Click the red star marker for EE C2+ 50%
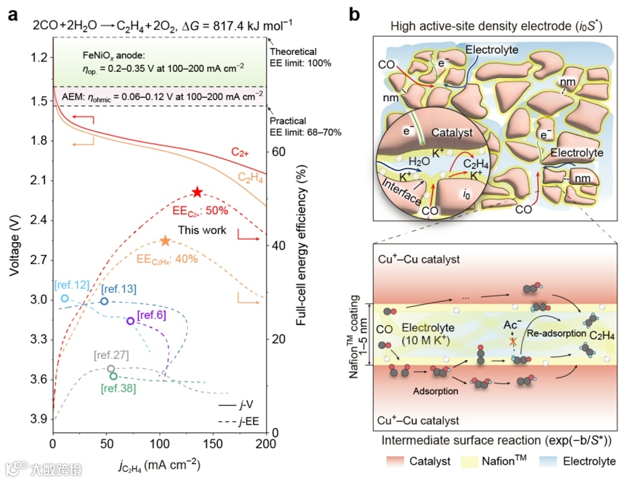(x=197, y=192)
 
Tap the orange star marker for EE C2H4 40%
(x=165, y=241)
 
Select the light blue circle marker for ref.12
(x=65, y=299)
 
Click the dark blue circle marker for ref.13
(x=104, y=301)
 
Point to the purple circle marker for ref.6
(x=130, y=321)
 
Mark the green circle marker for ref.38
(x=113, y=376)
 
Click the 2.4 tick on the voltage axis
(x=39, y=220)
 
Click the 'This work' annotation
(x=202, y=230)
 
